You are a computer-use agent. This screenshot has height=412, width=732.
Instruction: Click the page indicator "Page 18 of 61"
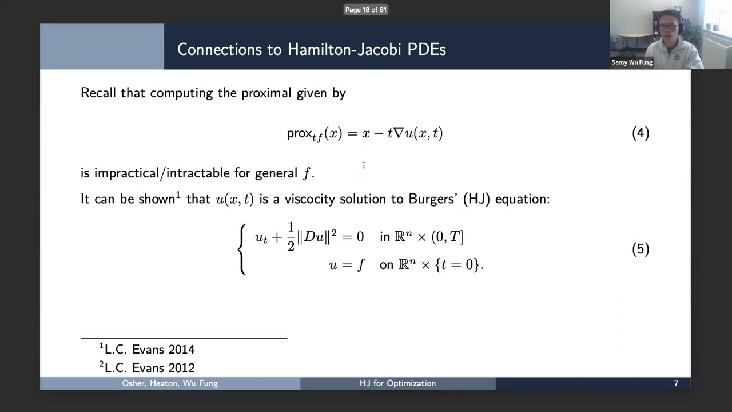pyautogui.click(x=366, y=10)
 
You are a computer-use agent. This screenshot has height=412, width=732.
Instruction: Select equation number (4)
pyautogui.click(x=640, y=133)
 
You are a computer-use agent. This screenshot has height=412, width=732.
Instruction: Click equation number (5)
pyautogui.click(x=640, y=249)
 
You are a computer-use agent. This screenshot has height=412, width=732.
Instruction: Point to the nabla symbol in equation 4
pyautogui.click(x=399, y=133)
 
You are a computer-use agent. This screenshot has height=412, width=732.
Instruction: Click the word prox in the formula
pyautogui.click(x=299, y=134)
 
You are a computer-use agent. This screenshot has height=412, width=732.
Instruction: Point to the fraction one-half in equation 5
pyautogui.click(x=291, y=237)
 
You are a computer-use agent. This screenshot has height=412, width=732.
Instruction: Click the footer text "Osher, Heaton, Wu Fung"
pyautogui.click(x=170, y=383)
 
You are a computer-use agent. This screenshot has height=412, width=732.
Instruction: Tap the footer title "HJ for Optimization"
pyautogui.click(x=397, y=383)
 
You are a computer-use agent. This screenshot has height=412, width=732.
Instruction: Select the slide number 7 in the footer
pyautogui.click(x=676, y=383)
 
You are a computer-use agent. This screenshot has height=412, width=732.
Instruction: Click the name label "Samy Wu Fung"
pyautogui.click(x=632, y=62)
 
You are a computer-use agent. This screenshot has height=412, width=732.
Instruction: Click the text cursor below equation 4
pyautogui.click(x=364, y=165)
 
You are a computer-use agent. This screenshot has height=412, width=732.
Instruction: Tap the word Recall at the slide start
pyautogui.click(x=98, y=93)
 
